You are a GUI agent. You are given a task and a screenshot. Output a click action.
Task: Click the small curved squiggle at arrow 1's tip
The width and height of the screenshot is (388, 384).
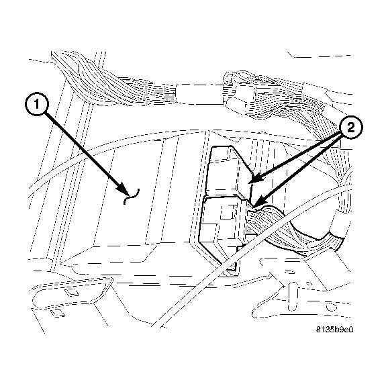coord(132,195)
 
